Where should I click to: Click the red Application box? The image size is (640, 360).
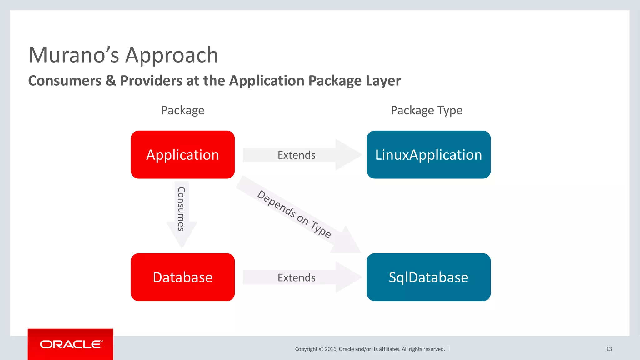pos(182,155)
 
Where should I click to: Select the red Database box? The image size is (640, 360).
pos(182,277)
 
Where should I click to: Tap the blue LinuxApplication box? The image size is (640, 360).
pos(428,155)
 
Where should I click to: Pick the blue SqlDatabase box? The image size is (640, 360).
pos(428,277)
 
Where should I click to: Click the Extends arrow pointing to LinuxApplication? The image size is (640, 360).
pos(297,155)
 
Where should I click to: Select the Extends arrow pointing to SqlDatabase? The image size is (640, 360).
pos(297,277)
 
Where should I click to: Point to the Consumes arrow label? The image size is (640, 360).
pos(181,209)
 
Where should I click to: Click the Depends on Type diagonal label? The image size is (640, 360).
pos(294,214)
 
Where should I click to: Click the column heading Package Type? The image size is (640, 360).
pos(427,110)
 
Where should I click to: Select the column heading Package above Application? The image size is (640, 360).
pos(182,110)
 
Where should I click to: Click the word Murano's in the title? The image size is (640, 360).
pos(74,55)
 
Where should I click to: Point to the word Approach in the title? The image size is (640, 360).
pos(172,55)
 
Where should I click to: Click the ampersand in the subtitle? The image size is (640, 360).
pos(111,81)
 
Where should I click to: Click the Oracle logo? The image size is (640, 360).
pos(71,344)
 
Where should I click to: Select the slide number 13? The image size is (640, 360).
pos(609,349)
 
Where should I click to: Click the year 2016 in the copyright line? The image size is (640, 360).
pos(331,349)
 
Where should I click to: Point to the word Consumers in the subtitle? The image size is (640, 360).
pos(65,81)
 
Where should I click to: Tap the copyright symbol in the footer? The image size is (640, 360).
pos(321,349)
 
